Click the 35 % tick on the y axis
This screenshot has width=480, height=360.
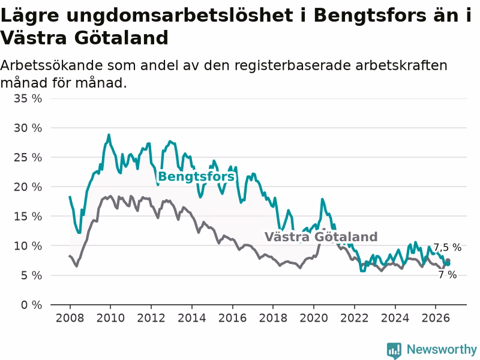click(x=28, y=98)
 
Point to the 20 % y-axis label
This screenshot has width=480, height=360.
click(x=28, y=187)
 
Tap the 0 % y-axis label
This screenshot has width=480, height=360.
click(x=32, y=305)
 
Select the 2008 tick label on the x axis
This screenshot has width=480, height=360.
click(x=70, y=318)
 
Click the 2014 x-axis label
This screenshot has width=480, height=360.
click(x=191, y=318)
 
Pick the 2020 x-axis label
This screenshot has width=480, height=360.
click(x=313, y=318)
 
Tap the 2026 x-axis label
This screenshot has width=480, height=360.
click(x=436, y=318)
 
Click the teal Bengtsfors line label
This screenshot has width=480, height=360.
click(x=196, y=176)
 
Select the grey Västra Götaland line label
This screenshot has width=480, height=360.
click(x=321, y=237)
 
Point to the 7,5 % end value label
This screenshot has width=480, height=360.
click(x=448, y=247)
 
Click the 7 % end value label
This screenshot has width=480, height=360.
click(x=448, y=275)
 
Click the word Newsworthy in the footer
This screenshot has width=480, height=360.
click(x=442, y=349)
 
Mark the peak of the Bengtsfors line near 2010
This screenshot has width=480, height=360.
click(x=109, y=134)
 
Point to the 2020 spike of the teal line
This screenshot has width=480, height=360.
click(x=322, y=199)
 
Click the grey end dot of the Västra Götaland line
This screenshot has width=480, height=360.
click(x=448, y=261)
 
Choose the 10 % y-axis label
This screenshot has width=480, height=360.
click(x=28, y=246)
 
